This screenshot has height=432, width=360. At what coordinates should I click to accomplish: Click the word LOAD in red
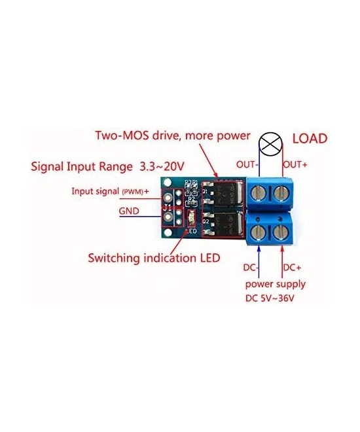tap(310, 139)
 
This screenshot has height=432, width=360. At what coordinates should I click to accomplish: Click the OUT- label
tap(247, 164)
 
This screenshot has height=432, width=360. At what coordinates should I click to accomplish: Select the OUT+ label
tap(295, 164)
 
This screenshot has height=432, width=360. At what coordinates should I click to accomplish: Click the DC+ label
tap(293, 267)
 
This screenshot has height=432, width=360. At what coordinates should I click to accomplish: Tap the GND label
tap(129, 211)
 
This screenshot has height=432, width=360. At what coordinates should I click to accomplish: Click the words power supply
tap(275, 284)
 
